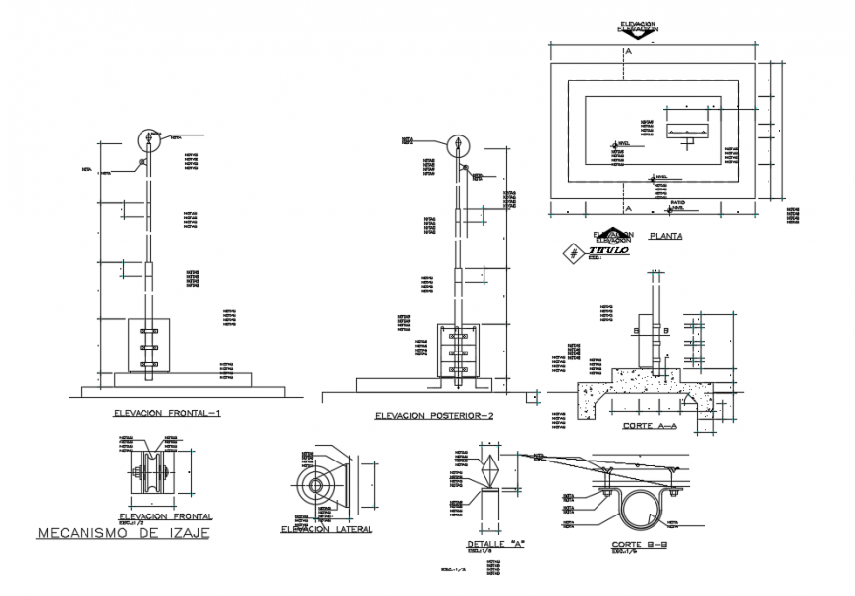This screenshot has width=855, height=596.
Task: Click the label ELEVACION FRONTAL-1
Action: (168, 412)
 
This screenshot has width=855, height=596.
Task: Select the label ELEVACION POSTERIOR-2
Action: (433, 416)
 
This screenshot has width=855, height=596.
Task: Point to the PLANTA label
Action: (661, 237)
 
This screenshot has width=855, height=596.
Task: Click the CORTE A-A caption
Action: (650, 426)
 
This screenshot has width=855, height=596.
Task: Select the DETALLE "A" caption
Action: (493, 543)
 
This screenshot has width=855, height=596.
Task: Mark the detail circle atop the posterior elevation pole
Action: (457, 145)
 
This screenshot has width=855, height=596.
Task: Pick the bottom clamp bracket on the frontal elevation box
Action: (148, 364)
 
